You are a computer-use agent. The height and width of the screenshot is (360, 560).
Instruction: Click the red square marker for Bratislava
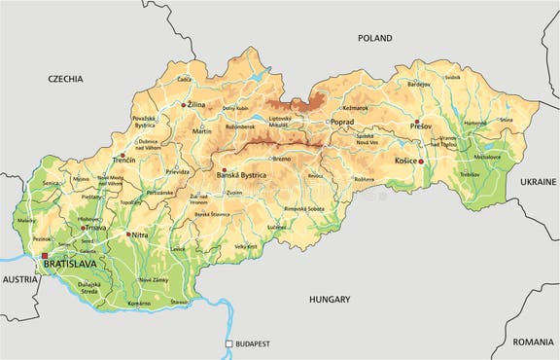pyautogui.click(x=44, y=256)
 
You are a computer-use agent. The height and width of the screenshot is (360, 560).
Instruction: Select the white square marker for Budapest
pyautogui.click(x=229, y=343)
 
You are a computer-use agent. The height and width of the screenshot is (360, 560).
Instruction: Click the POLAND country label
pyautogui.click(x=374, y=38)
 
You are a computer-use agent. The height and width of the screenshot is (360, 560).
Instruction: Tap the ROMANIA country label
pyautogui.click(x=532, y=342)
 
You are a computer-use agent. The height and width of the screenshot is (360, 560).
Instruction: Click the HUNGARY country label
pyautogui.click(x=330, y=300)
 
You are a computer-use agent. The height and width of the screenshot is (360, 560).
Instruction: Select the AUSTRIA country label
pyautogui.click(x=20, y=278)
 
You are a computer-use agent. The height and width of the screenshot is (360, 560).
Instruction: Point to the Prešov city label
pyautogui.click(x=420, y=126)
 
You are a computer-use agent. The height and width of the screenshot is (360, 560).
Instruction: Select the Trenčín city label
pyautogui.click(x=123, y=158)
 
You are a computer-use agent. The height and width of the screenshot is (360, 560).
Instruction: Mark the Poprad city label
pyautogui.click(x=342, y=122)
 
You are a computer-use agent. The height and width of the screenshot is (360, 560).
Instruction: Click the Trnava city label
pyautogui.click(x=95, y=228)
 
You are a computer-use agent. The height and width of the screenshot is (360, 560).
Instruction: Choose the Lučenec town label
pyautogui.click(x=275, y=227)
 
